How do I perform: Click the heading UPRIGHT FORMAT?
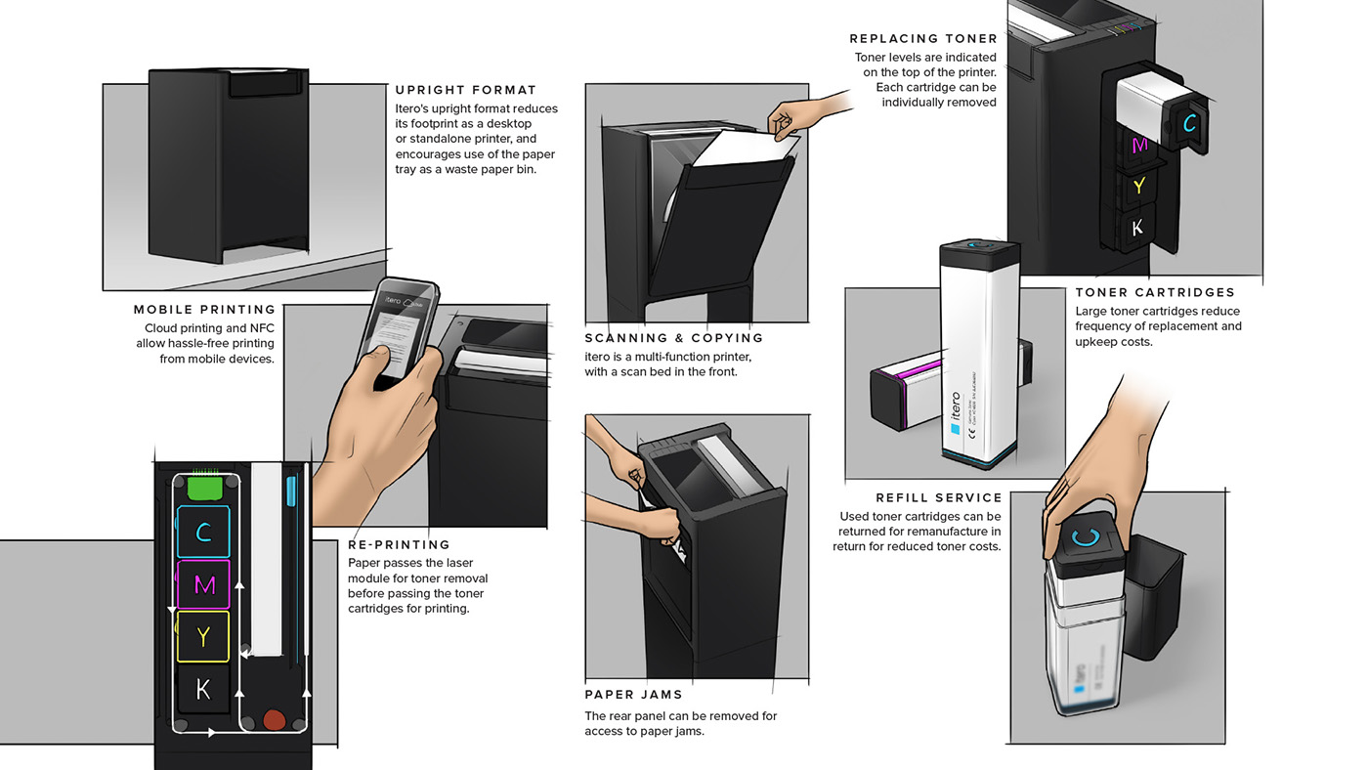pos(465,90)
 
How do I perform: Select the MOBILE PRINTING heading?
pos(204,310)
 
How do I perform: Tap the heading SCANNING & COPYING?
pos(674,338)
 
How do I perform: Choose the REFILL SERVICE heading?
pos(924,497)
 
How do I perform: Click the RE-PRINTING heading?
pos(399,544)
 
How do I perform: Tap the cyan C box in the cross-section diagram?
pos(203,532)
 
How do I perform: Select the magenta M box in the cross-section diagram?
pos(203,584)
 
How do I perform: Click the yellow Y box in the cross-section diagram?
pos(203,636)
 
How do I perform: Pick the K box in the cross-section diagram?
pos(203,689)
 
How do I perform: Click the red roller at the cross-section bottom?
pos(276,721)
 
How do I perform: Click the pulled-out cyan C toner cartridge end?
pos(1188,123)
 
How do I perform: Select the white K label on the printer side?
pos(1136,228)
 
